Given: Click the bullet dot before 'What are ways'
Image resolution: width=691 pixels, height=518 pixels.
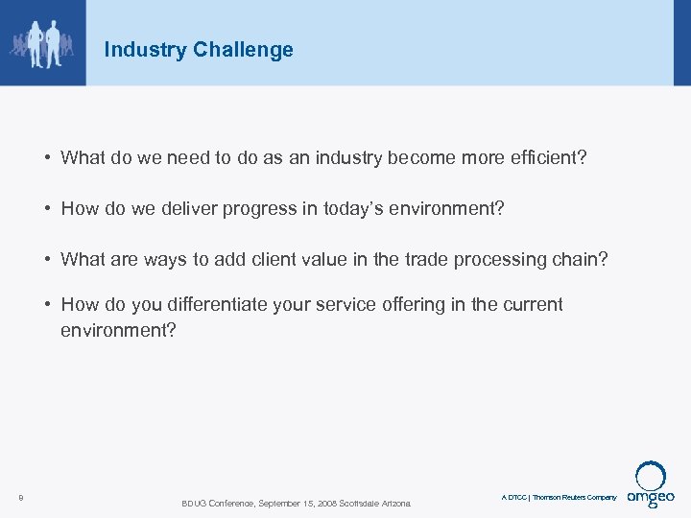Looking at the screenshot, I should click(x=47, y=259).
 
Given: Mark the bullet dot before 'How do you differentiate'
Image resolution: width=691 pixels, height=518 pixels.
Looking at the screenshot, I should click(x=47, y=305).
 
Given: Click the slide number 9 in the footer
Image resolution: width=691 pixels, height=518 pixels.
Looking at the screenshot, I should click(x=20, y=497).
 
